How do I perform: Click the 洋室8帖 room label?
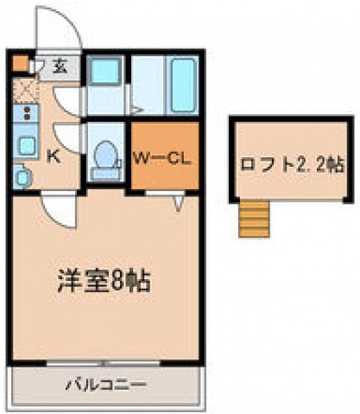(104, 280)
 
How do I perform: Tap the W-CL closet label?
(161, 158)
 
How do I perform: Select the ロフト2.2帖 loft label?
(293, 165)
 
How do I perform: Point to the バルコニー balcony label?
(106, 385)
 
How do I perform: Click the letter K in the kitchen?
(54, 156)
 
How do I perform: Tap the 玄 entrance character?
(60, 67)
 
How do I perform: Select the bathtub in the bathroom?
(182, 85)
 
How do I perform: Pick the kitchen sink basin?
(28, 145)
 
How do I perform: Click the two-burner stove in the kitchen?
(26, 113)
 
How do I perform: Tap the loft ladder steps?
(254, 219)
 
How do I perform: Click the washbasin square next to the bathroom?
(104, 70)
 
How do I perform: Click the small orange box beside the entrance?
(21, 64)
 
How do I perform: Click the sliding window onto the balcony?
(104, 363)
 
